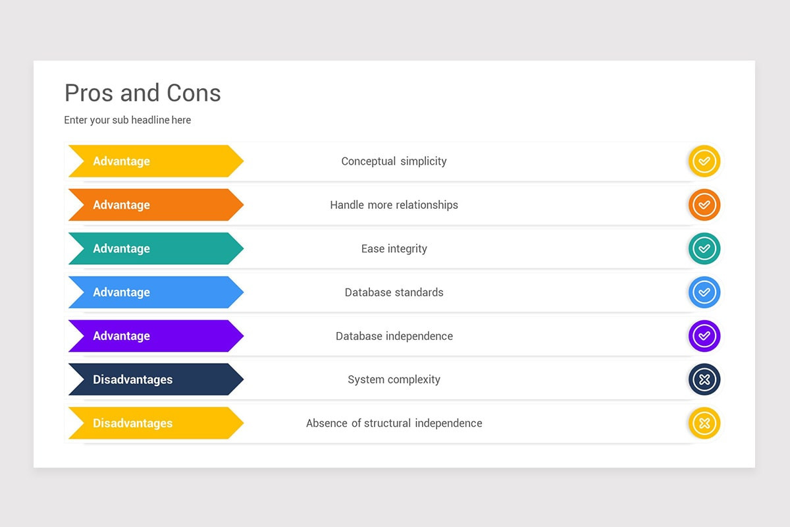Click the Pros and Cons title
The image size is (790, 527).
[x=142, y=94]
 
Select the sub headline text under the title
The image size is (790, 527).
[x=127, y=120]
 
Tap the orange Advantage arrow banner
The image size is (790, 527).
[x=155, y=205]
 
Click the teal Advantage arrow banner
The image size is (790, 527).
[x=155, y=248]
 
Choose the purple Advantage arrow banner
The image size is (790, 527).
[x=155, y=336]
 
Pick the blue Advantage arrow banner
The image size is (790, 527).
[x=155, y=292]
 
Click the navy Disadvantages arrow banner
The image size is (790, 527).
[x=155, y=379]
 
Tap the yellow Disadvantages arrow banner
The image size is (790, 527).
[x=155, y=423]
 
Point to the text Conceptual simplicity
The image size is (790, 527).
[x=394, y=161]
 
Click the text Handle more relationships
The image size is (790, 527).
[x=394, y=205]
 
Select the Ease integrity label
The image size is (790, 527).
[x=394, y=248]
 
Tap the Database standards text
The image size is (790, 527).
[x=394, y=292]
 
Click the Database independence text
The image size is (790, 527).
[x=394, y=336]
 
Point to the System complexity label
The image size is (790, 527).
[x=394, y=379]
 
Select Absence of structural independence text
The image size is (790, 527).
[x=394, y=423]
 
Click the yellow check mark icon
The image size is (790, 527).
[x=704, y=161]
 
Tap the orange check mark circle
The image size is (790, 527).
[x=704, y=205]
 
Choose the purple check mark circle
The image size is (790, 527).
[x=704, y=336]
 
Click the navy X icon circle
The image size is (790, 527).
[x=704, y=379]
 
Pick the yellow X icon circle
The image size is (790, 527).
[x=704, y=423]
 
